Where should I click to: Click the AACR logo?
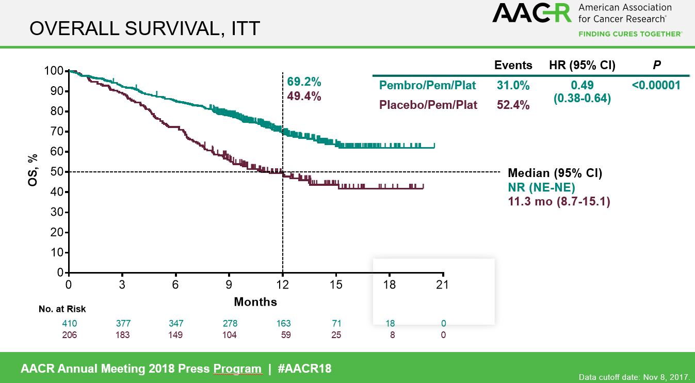(x=531, y=12)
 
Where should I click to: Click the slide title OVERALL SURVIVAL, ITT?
(x=144, y=29)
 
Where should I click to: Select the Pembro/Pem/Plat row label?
(x=428, y=85)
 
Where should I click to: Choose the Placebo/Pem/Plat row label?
(x=428, y=105)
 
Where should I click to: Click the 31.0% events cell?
(x=513, y=85)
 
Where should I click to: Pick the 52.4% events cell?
(x=513, y=105)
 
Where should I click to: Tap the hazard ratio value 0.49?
(x=582, y=85)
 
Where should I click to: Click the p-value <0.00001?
(x=656, y=85)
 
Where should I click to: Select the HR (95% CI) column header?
(x=582, y=65)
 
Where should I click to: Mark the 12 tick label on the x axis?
(x=283, y=284)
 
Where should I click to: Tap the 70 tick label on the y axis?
(x=57, y=131)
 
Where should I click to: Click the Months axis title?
(x=255, y=301)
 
